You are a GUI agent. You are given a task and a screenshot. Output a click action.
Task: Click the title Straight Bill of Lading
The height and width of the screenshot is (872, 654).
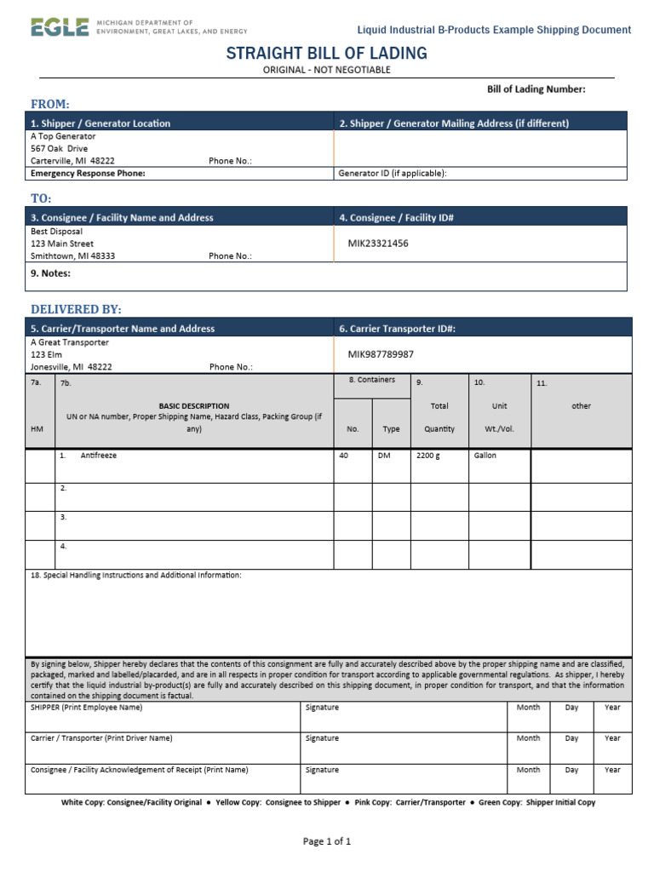326,54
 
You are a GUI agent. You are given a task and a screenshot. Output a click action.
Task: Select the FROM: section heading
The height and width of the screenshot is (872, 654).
50,104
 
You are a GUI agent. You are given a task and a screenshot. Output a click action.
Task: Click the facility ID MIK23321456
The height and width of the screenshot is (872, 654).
378,244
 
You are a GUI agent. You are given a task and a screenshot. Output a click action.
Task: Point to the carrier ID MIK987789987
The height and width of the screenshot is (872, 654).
381,354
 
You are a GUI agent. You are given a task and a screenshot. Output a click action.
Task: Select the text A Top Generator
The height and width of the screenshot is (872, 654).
63,136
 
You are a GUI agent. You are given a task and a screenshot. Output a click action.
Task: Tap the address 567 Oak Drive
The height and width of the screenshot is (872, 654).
59,148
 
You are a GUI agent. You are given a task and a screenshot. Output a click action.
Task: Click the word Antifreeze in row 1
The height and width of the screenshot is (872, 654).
99,456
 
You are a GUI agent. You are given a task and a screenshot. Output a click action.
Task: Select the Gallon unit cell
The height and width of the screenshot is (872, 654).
485,456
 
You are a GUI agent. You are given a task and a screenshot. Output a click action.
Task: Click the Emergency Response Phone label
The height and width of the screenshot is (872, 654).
88,173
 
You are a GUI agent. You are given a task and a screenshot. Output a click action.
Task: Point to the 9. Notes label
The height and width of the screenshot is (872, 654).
50,273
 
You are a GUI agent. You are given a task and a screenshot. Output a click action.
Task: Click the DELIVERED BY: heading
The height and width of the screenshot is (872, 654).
76,308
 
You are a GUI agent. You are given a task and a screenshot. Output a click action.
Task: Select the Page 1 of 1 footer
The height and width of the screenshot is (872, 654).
327,841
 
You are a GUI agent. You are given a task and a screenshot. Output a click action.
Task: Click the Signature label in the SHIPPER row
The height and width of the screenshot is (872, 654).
322,708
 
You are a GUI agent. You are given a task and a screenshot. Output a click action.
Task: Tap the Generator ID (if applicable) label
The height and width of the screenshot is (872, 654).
393,173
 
